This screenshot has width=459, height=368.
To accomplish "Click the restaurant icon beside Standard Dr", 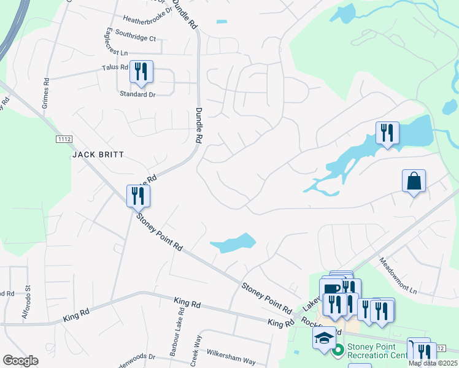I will click(x=141, y=72).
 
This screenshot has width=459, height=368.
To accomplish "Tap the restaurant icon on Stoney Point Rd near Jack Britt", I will click(x=138, y=196).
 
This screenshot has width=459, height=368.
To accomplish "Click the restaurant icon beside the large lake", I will click(x=387, y=132).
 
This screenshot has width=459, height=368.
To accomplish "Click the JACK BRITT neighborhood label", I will click(x=99, y=155).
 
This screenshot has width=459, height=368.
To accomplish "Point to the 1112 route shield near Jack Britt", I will click(x=64, y=139).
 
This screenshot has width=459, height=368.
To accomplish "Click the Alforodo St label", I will click(x=27, y=300).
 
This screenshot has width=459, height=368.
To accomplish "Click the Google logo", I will click(x=20, y=361).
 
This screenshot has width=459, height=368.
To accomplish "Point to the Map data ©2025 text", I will click(x=432, y=363).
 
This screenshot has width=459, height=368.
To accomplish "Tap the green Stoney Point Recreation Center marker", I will click(x=337, y=352).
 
